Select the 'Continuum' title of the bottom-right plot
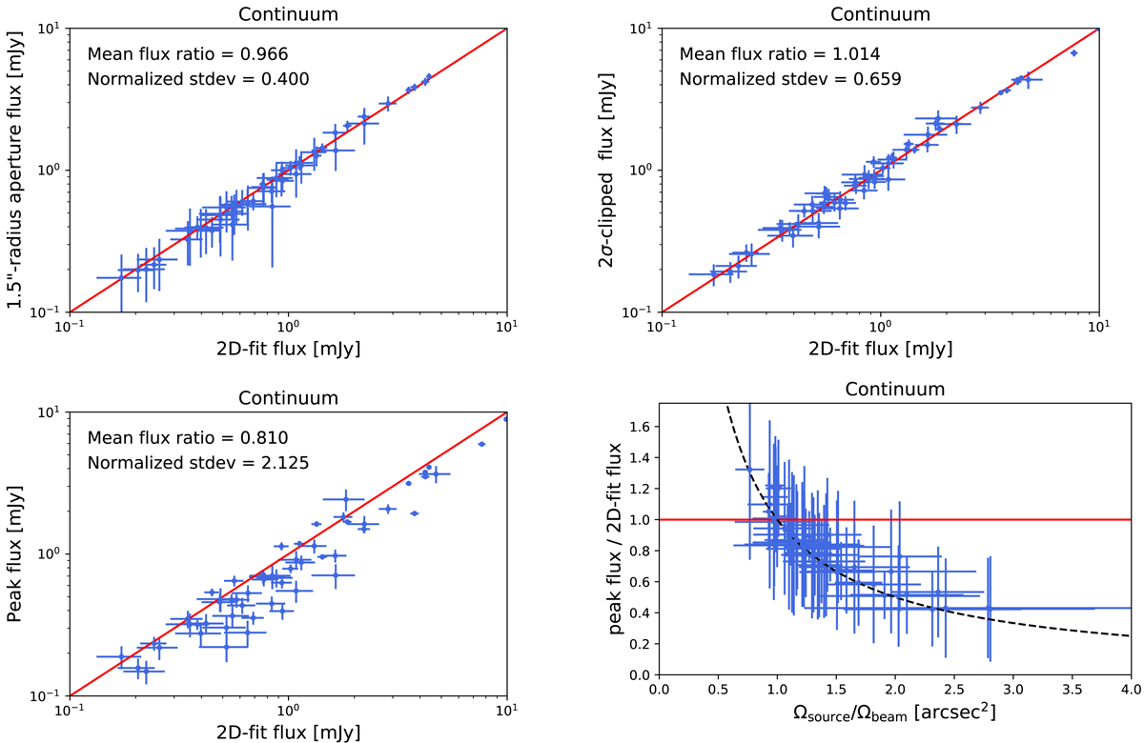(892, 389)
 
